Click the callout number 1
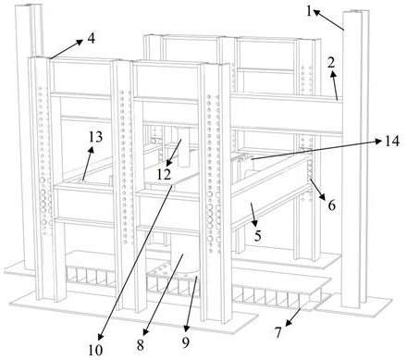click(x=309, y=11)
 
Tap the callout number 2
click(x=331, y=63)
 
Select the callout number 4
click(x=91, y=39)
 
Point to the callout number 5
click(x=258, y=236)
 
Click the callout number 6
click(x=331, y=205)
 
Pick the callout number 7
click(x=278, y=332)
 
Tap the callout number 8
click(x=141, y=345)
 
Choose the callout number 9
click(x=185, y=342)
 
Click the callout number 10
click(x=95, y=350)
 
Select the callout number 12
click(x=164, y=175)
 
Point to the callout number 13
click(x=95, y=137)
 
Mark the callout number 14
click(x=392, y=141)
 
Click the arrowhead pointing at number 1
click(x=316, y=12)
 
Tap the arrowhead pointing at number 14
click(x=379, y=142)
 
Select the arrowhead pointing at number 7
click(x=288, y=323)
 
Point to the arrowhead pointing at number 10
click(x=101, y=337)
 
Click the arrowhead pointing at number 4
click(x=80, y=42)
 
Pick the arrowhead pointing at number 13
click(x=91, y=149)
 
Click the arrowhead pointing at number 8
click(x=146, y=331)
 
